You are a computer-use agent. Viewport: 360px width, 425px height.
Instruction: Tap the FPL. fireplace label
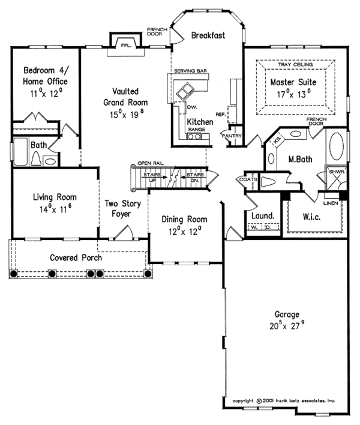pyautogui.click(x=126, y=45)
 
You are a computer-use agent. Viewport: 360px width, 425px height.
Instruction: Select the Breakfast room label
pyautogui.click(x=208, y=36)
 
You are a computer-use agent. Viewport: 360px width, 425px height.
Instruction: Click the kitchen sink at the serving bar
pyautogui.click(x=185, y=91)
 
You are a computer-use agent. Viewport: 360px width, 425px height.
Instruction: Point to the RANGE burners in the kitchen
pyautogui.click(x=195, y=137)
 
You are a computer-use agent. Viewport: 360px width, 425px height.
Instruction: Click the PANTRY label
pyautogui.click(x=232, y=136)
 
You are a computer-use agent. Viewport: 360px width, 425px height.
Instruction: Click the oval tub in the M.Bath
pyautogui.click(x=338, y=146)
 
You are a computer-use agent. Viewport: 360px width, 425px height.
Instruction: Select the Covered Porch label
pyautogui.click(x=76, y=258)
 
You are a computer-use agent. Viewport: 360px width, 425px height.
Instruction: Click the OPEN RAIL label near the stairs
pyautogui.click(x=150, y=163)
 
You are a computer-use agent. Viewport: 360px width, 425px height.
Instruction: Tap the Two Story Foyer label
pyautogui.click(x=123, y=209)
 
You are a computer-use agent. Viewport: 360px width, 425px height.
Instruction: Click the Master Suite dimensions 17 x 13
pyautogui.click(x=293, y=94)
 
